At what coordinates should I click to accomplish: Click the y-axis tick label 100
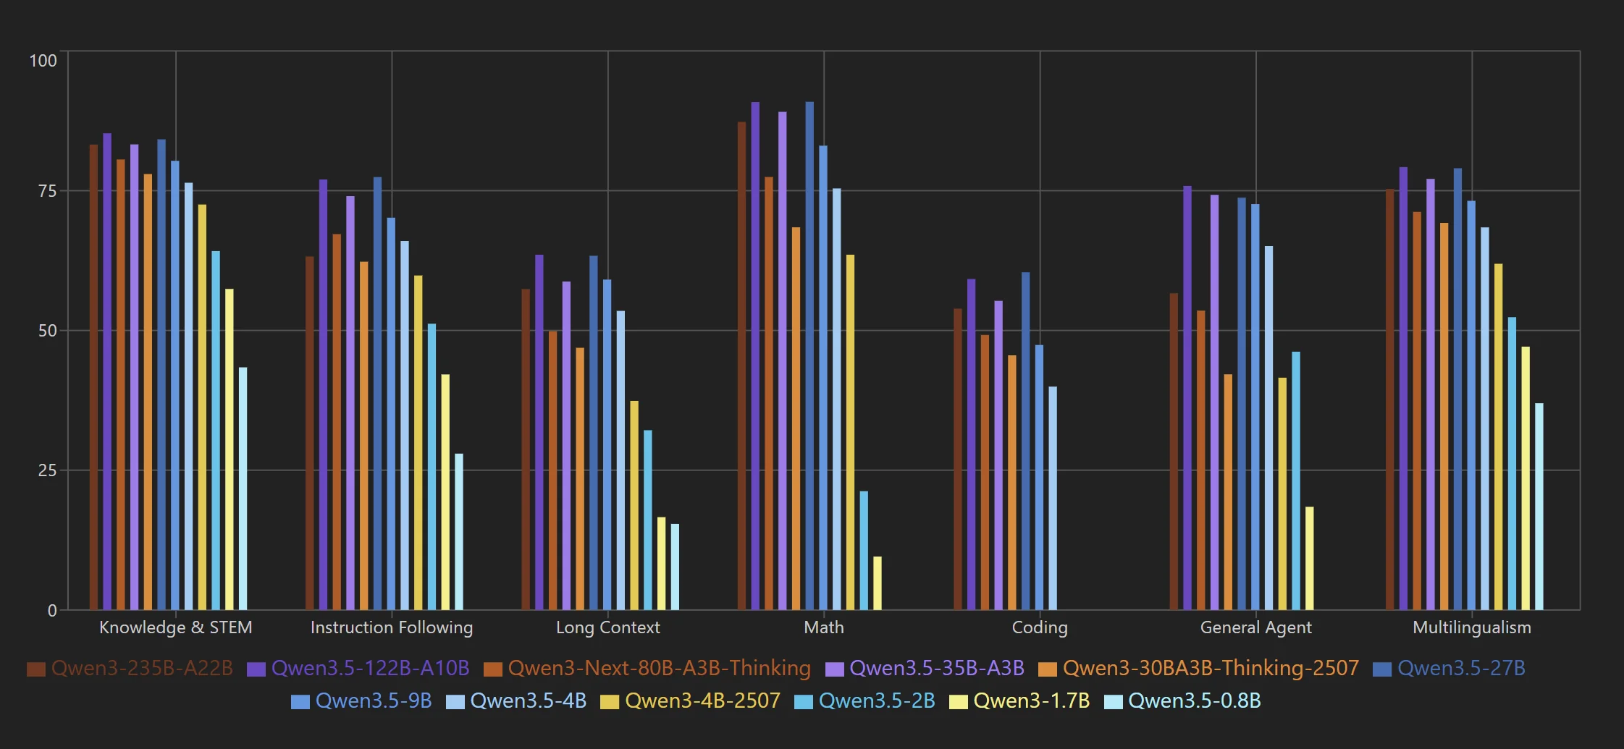(x=43, y=61)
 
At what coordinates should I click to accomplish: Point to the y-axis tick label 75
(x=47, y=191)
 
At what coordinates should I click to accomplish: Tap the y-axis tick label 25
(x=47, y=470)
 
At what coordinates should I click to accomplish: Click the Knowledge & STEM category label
(x=175, y=627)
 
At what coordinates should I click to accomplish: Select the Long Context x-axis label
(x=607, y=627)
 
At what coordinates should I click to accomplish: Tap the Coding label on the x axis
(x=1039, y=627)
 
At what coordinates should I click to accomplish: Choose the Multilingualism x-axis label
(x=1471, y=627)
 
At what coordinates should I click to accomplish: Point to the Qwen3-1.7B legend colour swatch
(x=958, y=702)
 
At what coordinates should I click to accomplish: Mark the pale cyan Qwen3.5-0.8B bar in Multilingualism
(x=1539, y=507)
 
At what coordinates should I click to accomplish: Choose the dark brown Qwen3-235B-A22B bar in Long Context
(x=526, y=449)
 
